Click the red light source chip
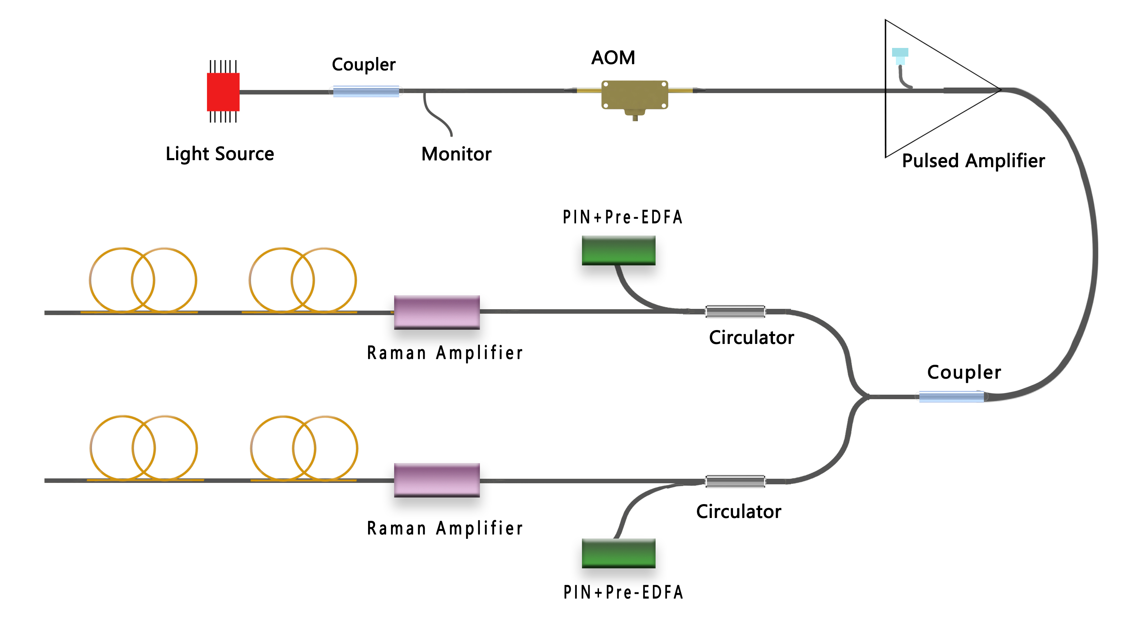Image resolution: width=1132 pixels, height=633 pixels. click(x=223, y=91)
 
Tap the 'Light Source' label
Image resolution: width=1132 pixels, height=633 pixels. click(x=220, y=154)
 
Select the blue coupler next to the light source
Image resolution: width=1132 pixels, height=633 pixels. click(x=366, y=91)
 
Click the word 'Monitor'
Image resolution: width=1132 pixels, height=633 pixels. click(x=456, y=154)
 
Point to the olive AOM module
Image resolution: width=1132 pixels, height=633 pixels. click(x=634, y=94)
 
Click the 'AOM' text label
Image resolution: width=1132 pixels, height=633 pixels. click(x=613, y=58)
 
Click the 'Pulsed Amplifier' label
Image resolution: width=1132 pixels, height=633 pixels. click(x=973, y=161)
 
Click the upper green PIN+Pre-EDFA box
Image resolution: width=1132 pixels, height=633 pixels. click(x=618, y=250)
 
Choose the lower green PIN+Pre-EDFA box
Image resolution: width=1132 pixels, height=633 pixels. click(x=618, y=553)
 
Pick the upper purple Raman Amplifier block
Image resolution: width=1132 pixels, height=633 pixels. click(x=437, y=312)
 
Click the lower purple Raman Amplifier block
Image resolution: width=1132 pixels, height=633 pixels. click(x=437, y=480)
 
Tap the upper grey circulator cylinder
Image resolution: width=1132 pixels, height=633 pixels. click(x=735, y=311)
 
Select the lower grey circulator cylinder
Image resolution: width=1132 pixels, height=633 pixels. click(x=735, y=481)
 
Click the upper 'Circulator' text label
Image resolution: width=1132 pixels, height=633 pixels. click(x=751, y=338)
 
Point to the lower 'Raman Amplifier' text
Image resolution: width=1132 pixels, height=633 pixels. click(x=445, y=528)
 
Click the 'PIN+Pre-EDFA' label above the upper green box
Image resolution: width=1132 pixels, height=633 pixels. click(x=623, y=217)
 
